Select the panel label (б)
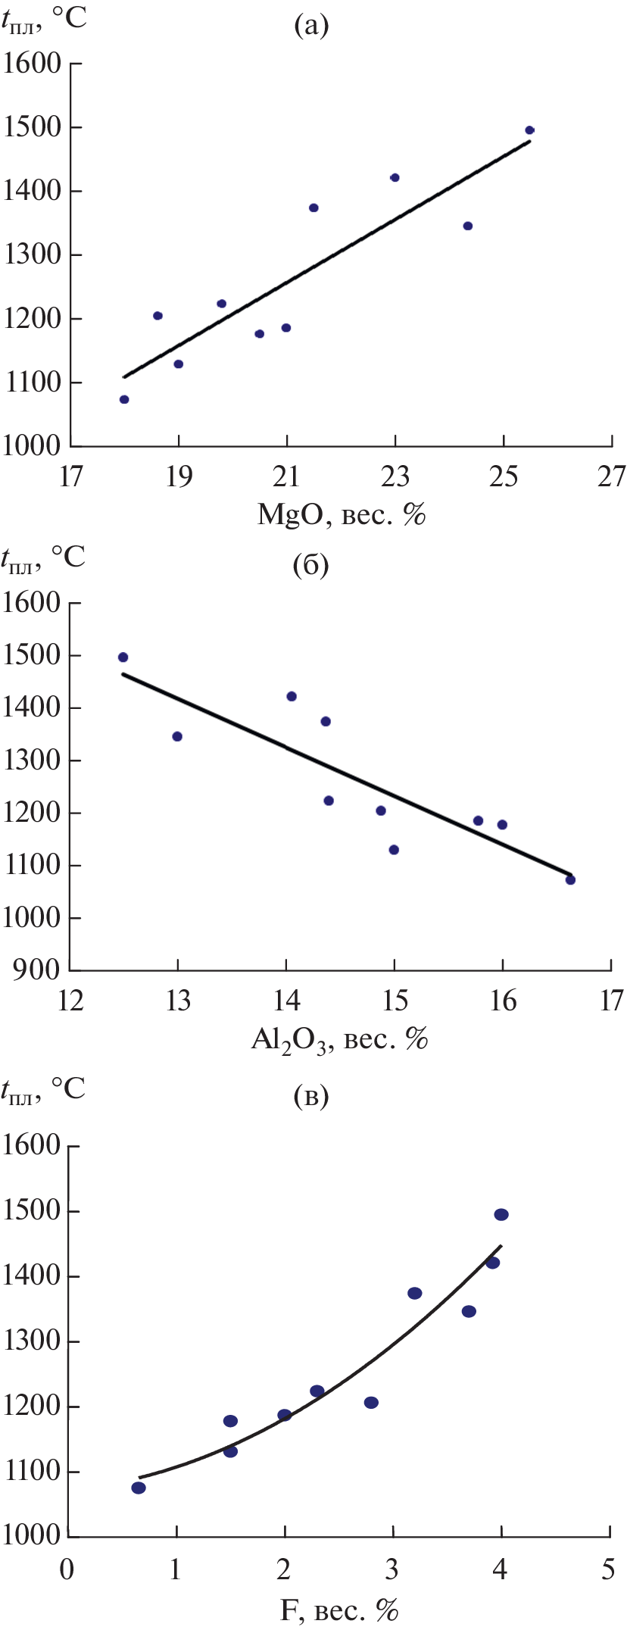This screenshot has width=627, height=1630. pos(310,566)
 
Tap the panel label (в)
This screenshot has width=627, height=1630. pos(310,1096)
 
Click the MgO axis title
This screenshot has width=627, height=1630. pos(342,515)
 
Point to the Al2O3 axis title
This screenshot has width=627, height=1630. pos(340,1041)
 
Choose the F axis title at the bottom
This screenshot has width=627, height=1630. pos(339,1610)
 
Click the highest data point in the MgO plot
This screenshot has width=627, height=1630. pos(529,130)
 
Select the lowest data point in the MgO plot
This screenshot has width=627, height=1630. pos(124,399)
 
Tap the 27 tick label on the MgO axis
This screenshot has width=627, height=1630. pos(611,477)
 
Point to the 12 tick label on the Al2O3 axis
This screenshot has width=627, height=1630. pos(70,1001)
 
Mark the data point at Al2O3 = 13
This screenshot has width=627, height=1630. pos(177,736)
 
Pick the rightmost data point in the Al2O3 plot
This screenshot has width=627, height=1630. pos(570,879)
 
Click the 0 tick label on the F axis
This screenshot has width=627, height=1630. pos(67,1569)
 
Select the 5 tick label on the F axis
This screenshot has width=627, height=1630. pos(609,1569)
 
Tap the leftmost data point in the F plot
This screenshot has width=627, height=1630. pos(139,1488)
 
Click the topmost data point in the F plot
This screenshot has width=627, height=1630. pos(501,1214)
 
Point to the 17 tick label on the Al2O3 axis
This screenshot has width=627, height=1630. pos(611,1001)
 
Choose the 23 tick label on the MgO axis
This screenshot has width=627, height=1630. pos(395,477)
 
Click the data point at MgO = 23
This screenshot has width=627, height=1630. pos(395,177)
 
